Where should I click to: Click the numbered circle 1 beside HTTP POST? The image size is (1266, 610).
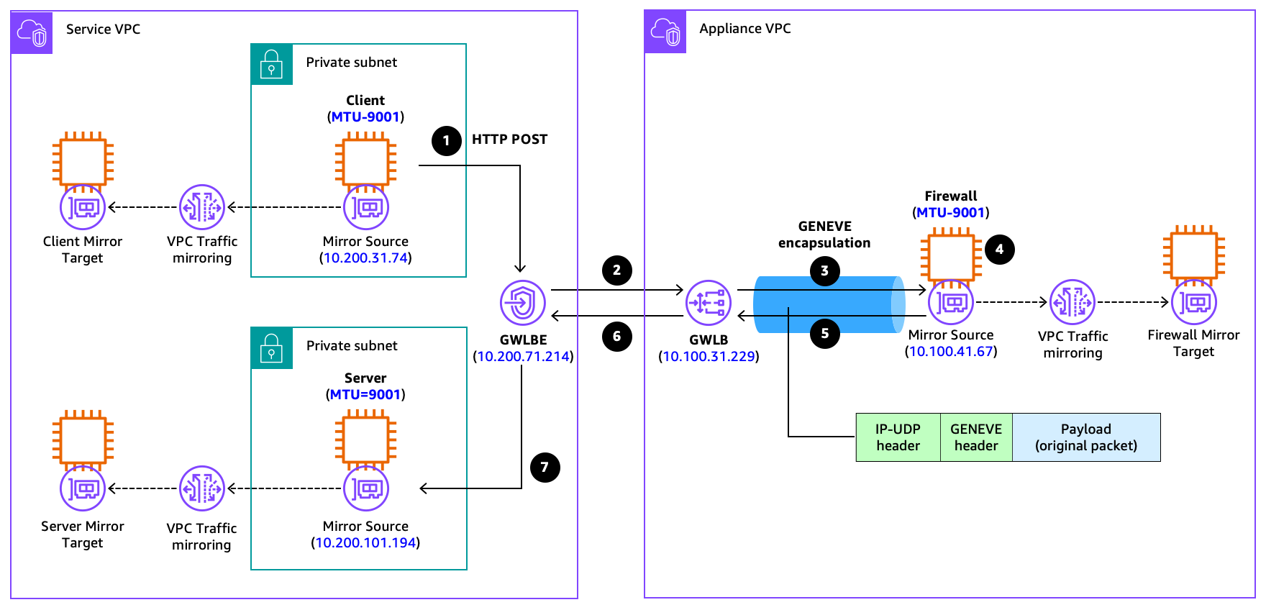pos(446,140)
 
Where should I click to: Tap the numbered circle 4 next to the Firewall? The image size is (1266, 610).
pos(999,250)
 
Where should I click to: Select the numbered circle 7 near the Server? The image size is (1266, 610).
pos(545,468)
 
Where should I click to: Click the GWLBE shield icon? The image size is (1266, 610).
pos(522,303)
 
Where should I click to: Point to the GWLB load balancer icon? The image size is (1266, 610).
pos(709,303)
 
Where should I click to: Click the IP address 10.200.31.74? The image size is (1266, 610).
pos(365,258)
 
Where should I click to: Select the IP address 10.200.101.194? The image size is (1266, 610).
pos(365,543)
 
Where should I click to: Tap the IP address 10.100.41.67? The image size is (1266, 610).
pos(951,352)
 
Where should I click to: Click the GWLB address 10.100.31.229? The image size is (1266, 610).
pos(709,357)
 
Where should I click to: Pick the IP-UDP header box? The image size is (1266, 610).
pos(898,437)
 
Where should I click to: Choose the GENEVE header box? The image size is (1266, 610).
pos(976,437)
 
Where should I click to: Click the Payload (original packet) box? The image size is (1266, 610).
pos(1086,437)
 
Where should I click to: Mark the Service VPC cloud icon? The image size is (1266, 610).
pos(32,32)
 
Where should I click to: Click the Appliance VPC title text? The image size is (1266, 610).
pos(744,29)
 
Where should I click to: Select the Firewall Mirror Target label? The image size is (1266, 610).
pos(1193,343)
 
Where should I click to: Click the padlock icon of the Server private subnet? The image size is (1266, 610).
pos(271,347)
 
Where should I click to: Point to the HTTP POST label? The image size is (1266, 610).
pos(509,140)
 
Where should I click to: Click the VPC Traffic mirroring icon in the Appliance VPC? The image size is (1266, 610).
pos(1072,302)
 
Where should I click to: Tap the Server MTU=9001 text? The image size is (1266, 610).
pos(365,395)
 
